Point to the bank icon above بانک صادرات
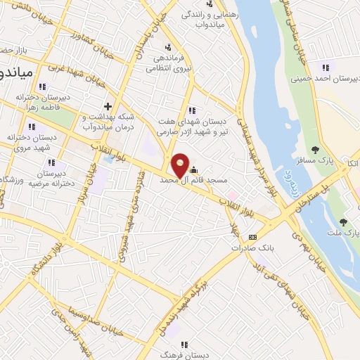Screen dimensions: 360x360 pyautogui.click(x=253, y=237)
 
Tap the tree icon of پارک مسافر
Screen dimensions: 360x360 pyautogui.click(x=315, y=149)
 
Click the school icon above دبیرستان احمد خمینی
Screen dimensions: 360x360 pyautogui.click(x=324, y=67)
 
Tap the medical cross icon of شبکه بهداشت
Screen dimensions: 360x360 pyautogui.click(x=107, y=105)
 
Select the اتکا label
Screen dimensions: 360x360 pyautogui.click(x=351, y=163)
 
